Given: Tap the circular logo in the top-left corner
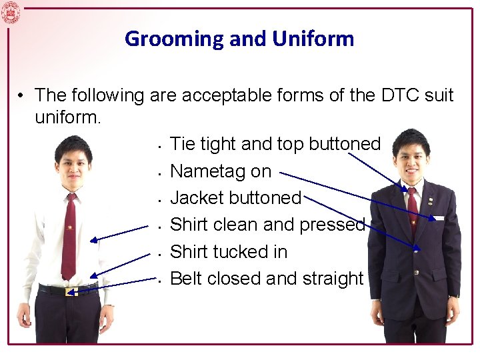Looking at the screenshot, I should click(11, 12).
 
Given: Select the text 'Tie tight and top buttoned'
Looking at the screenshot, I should click(275, 144).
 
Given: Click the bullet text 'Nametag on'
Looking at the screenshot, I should click(221, 171).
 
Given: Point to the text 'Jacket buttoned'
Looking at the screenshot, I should click(236, 198).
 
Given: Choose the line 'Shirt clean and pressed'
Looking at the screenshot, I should click(267, 225).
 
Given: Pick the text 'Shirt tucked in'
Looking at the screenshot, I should click(229, 252).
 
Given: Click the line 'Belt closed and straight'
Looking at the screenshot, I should click(267, 279).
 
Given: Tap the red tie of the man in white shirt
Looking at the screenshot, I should click(69, 237).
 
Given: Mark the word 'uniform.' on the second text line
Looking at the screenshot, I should click(67, 119).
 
